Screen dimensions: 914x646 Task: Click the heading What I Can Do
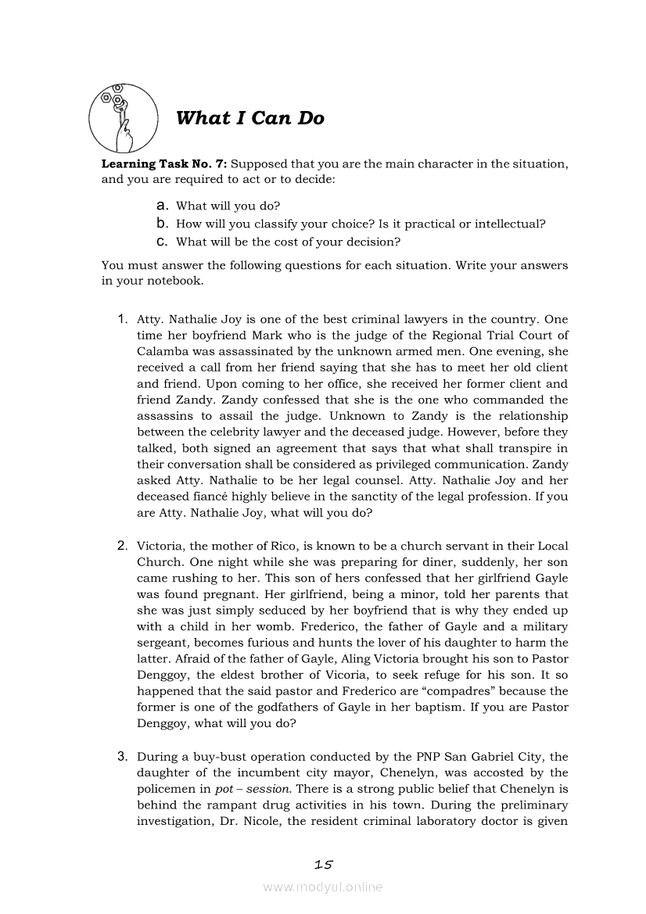pyautogui.click(x=249, y=118)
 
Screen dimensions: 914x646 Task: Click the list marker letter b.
pyautogui.click(x=163, y=224)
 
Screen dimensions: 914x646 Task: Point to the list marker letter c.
pyautogui.click(x=163, y=242)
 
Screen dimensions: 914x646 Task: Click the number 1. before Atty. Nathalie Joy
pyautogui.click(x=124, y=319)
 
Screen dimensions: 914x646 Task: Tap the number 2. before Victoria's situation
pyautogui.click(x=124, y=546)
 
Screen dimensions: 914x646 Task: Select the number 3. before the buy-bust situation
pyautogui.click(x=124, y=756)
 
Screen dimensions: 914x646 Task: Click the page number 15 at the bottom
pyautogui.click(x=323, y=865)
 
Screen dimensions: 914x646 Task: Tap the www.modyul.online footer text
pyautogui.click(x=323, y=887)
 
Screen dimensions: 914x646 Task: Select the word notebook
pyautogui.click(x=176, y=281)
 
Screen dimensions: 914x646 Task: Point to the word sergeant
pyautogui.click(x=162, y=643)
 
